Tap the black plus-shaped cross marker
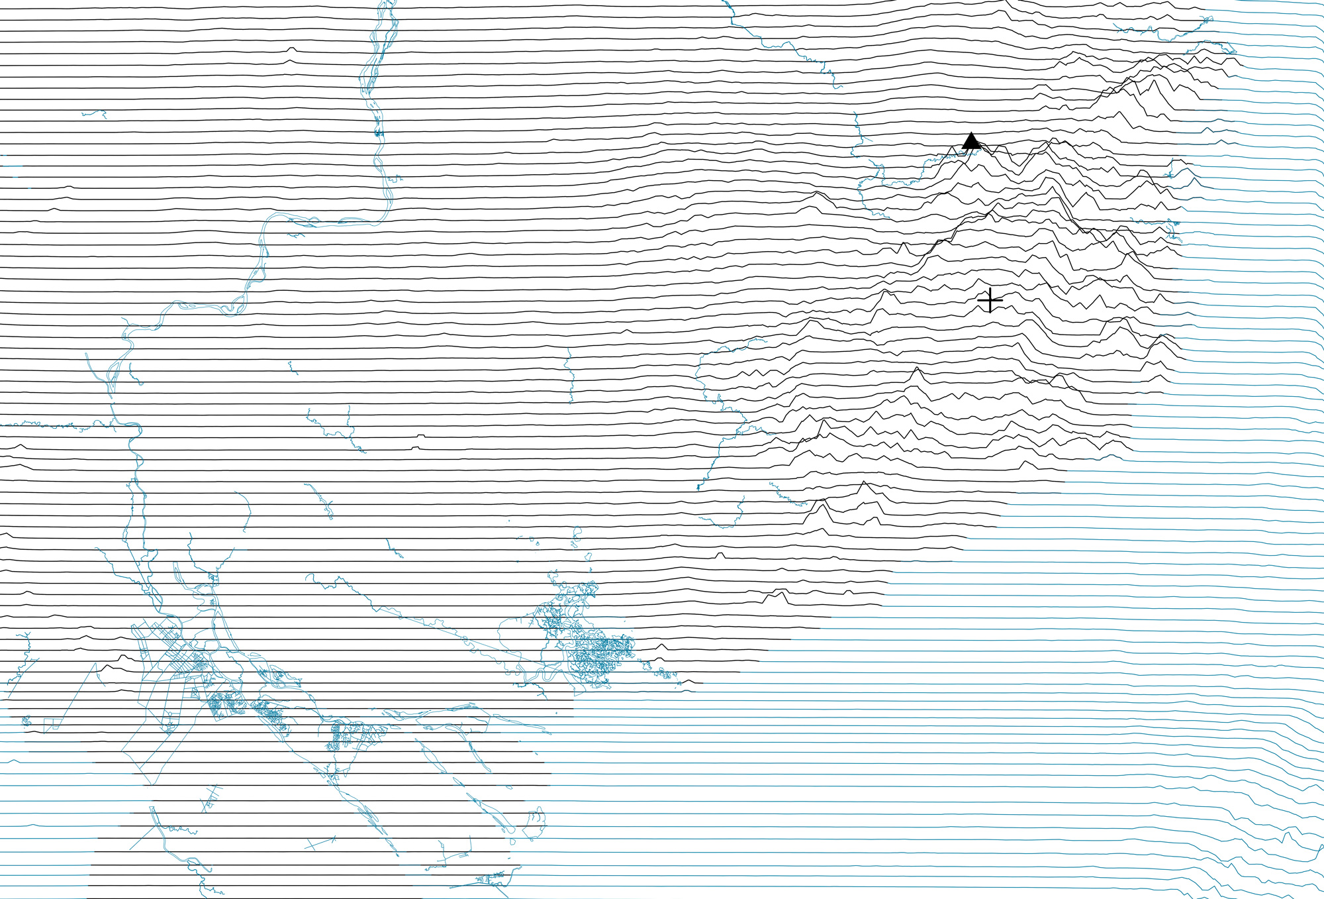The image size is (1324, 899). (990, 300)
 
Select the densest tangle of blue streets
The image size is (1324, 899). (599, 653)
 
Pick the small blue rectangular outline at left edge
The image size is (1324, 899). (50, 724)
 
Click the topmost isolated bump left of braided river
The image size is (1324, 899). (291, 49)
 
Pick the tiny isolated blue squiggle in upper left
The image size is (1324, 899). (95, 114)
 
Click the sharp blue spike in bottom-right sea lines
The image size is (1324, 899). (1286, 837)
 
